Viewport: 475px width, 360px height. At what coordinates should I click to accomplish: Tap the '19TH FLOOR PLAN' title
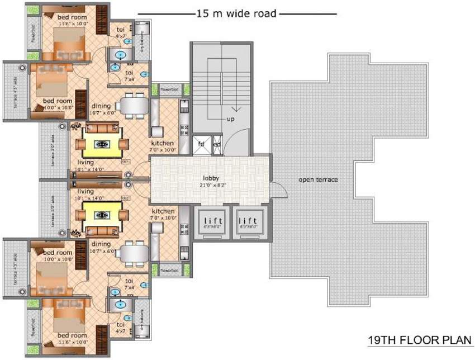(419, 340)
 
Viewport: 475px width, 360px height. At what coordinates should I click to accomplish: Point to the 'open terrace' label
(319, 179)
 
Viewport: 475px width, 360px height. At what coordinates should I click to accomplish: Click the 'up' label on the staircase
(230, 120)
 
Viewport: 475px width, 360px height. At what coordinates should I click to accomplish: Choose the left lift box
(211, 223)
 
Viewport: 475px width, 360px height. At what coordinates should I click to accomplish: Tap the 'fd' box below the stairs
(202, 144)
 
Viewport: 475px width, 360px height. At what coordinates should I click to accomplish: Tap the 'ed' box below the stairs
(217, 144)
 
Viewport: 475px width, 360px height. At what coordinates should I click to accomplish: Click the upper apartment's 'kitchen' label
(162, 143)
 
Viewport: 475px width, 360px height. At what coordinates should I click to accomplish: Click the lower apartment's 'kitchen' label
(162, 211)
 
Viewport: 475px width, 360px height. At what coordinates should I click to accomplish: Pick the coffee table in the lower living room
(101, 215)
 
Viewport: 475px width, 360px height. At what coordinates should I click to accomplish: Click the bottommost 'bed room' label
(73, 335)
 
